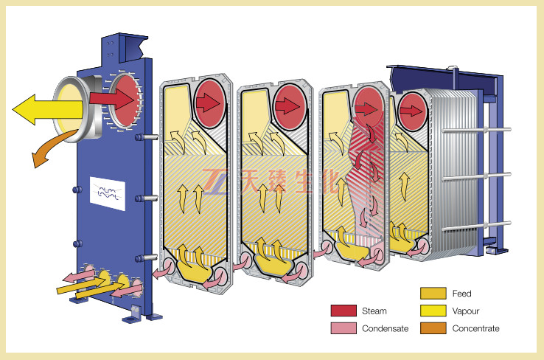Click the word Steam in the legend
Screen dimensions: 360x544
point(374,311)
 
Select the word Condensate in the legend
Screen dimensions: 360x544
point(385,328)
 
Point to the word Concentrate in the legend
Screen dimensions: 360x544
point(475,328)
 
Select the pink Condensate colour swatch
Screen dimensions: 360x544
point(343,328)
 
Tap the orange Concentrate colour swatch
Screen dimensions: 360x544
point(433,328)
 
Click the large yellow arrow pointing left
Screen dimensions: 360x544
point(44,111)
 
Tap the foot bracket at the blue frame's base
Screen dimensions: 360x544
point(134,313)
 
